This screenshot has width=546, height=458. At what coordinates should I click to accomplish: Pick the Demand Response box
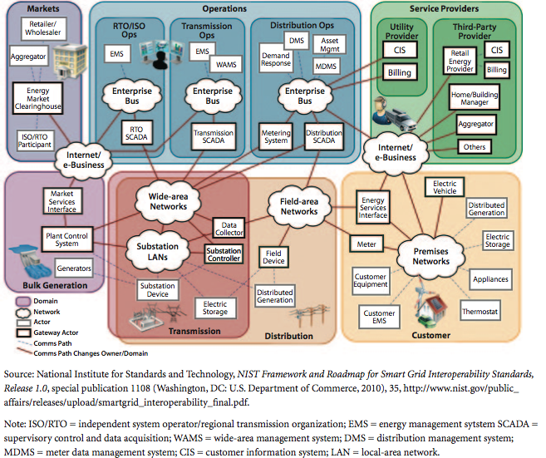275,58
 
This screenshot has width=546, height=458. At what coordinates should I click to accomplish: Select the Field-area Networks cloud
298,205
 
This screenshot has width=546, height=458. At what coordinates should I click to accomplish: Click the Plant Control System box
62,239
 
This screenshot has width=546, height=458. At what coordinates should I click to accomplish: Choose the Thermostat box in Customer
480,312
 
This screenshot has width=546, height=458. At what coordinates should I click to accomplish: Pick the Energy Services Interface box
373,209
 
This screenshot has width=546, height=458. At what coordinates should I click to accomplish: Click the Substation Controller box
223,255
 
